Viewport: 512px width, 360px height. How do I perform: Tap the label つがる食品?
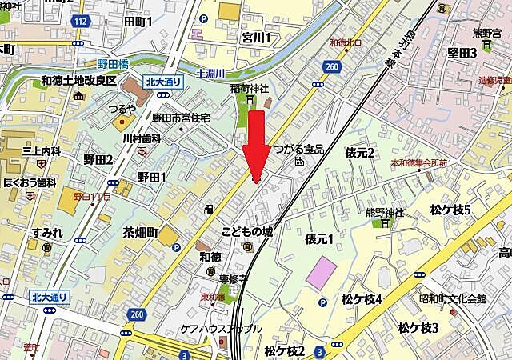click(x=299, y=150)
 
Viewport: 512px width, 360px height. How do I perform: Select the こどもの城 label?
click(x=247, y=232)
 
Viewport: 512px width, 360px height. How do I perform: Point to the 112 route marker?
click(x=78, y=22)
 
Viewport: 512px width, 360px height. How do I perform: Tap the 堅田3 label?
click(x=462, y=53)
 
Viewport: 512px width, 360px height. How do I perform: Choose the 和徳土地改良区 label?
click(x=79, y=81)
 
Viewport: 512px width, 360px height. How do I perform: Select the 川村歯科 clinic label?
click(x=142, y=138)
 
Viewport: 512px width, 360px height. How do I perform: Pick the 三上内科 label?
click(x=41, y=151)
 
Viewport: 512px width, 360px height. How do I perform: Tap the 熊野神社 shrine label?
click(x=385, y=213)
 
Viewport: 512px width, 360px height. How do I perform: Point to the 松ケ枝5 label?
click(x=450, y=210)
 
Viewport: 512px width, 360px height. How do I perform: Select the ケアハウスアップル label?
click(x=221, y=329)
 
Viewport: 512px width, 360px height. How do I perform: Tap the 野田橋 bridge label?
click(x=104, y=63)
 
